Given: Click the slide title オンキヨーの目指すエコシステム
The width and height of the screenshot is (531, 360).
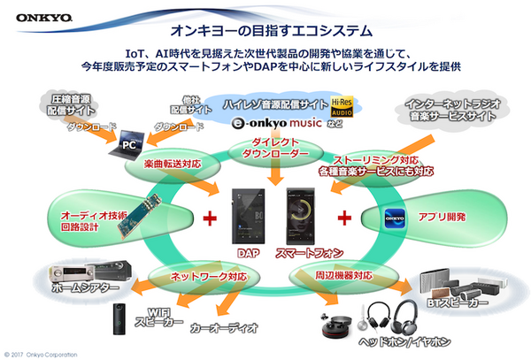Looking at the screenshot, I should pyautogui.click(x=265, y=25).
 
